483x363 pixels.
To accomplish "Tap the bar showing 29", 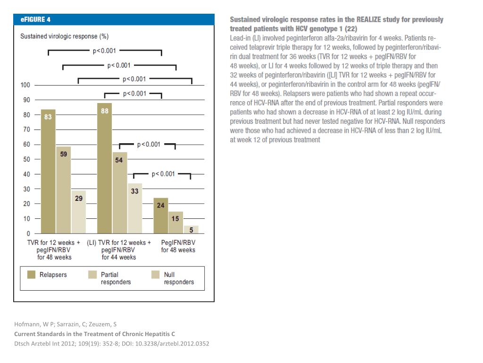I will (79, 212).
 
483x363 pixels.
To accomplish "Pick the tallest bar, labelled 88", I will (105, 168).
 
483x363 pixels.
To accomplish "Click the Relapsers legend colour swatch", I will (32, 275).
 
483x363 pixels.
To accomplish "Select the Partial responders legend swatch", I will (92, 275).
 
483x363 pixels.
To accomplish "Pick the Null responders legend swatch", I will (155, 275).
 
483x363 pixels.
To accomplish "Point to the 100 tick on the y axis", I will (25, 85).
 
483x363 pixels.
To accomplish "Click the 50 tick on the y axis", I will (27, 159).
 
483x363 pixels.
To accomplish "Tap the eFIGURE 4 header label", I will (35, 19).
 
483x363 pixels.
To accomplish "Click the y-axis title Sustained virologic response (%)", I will (64, 36).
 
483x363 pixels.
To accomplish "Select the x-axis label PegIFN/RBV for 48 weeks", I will (178, 246).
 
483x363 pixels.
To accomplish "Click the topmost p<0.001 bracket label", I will (105, 51).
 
